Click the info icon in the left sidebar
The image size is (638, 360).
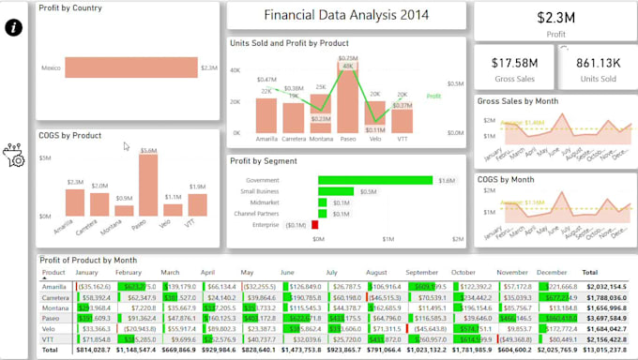[14, 27]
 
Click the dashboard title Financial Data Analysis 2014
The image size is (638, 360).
[347, 16]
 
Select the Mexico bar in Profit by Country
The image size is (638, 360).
[130, 68]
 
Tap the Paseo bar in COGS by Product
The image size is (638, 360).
[147, 186]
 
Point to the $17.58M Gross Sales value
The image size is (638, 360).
[513, 63]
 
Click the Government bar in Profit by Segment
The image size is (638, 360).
[375, 180]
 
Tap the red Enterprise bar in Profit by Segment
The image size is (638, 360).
[314, 224]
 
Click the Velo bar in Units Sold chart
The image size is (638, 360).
[375, 117]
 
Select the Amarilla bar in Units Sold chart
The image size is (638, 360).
[266, 115]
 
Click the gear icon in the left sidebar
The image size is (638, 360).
[14, 156]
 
